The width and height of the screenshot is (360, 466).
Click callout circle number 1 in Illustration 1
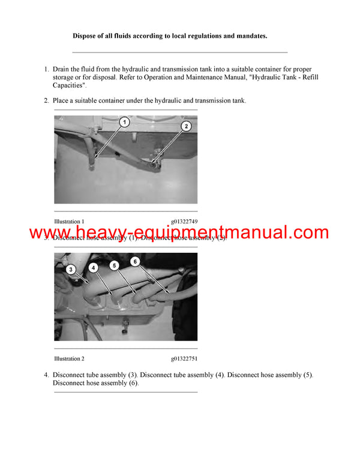point(124,122)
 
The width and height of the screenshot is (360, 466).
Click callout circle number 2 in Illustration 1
point(186,126)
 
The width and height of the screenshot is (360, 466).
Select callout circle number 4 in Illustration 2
point(92,267)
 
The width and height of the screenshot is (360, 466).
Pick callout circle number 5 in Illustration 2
point(115,264)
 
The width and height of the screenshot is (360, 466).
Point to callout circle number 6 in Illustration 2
point(136,261)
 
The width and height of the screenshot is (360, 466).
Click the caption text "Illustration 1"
point(69,222)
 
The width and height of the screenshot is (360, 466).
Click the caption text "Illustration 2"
point(69,359)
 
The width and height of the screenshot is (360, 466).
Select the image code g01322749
point(184,222)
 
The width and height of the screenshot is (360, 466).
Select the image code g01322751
point(184,359)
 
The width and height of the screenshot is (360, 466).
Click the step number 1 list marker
point(46,70)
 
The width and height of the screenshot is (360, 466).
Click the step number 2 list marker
point(46,100)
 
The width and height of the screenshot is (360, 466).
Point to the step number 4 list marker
point(46,375)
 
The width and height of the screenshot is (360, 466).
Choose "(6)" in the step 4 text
point(131,383)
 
